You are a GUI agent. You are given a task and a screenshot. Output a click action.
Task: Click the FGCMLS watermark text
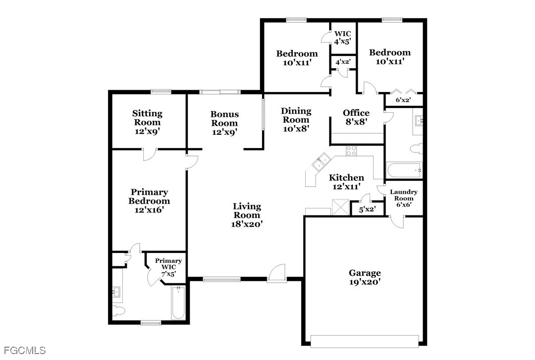click(x=24, y=351)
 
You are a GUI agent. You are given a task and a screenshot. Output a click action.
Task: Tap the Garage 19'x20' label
click(x=365, y=277)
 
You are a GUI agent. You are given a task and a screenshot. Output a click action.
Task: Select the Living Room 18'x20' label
click(x=247, y=215)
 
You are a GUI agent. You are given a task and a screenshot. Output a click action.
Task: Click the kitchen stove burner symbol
click(x=351, y=151)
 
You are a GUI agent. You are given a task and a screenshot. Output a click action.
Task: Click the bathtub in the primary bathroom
click(x=178, y=303)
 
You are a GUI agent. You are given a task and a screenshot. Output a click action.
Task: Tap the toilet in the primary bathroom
click(x=118, y=311)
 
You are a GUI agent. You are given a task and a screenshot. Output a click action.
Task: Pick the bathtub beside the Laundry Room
click(x=404, y=170)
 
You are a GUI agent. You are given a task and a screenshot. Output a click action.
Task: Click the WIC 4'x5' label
click(x=342, y=38)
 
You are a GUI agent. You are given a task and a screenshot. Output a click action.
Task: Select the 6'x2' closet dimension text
click(x=403, y=101)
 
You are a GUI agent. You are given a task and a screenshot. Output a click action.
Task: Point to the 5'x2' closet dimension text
click(x=367, y=209)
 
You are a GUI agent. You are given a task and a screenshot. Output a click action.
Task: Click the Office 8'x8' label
click(x=356, y=117)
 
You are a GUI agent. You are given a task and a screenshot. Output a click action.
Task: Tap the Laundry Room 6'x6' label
click(x=404, y=198)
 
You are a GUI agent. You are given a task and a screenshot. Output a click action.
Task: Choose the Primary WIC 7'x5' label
click(x=168, y=267)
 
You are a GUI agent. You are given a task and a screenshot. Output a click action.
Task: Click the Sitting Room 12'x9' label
click(x=147, y=122)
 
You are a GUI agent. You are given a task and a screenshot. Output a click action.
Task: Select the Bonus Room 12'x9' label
click(x=224, y=123)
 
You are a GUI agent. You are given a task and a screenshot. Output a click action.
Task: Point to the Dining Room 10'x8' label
click(x=296, y=120)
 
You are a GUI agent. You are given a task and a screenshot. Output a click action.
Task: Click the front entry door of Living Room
click(x=277, y=273)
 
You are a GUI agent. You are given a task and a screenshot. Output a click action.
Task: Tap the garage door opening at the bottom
click(x=365, y=341)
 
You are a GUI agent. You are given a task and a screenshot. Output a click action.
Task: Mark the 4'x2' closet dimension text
click(x=343, y=62)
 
